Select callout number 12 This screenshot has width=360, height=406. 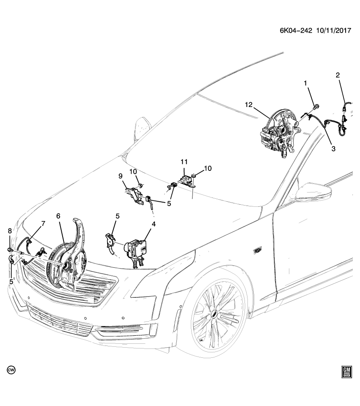pos(248,104)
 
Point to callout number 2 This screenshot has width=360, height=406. pos(338,75)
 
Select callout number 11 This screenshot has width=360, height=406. pos(184,162)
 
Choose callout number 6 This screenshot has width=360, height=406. pos(58,216)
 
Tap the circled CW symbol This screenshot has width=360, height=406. pos(11,370)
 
